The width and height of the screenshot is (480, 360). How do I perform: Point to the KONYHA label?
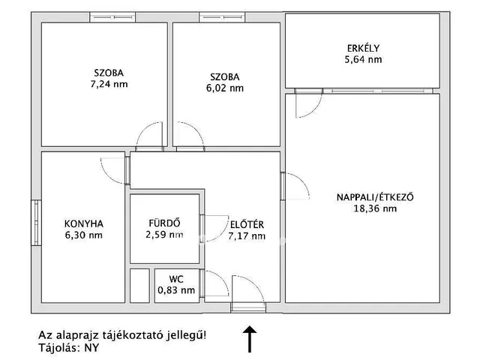pos(84,223)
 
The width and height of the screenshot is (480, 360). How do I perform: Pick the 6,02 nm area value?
pos(225,88)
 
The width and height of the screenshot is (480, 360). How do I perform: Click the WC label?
pos(176,279)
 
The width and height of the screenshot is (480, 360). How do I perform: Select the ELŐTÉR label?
pos(246,224)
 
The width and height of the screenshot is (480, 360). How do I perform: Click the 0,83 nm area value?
pos(176,290)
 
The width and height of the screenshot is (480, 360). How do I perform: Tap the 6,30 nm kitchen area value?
pos(84,235)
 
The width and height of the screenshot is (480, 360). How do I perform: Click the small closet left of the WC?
pos(139,285)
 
